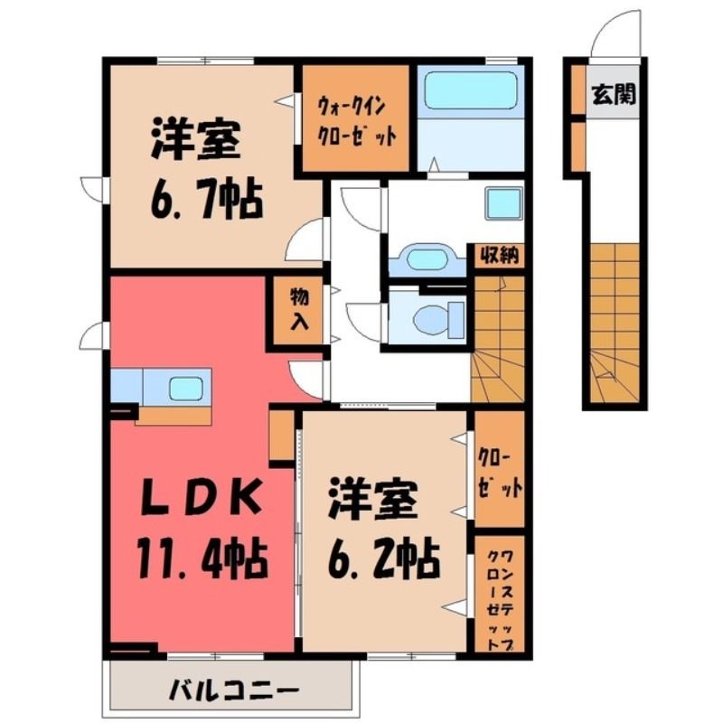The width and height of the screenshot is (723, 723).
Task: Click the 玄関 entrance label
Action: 614,94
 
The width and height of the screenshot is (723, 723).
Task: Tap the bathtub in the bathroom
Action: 470,89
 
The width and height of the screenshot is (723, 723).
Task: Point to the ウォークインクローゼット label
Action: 356,121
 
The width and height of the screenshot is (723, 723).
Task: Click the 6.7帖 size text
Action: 207,200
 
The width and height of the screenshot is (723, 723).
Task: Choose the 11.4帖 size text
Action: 202,559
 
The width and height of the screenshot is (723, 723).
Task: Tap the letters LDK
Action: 202,498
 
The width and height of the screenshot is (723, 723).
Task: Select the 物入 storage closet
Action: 298,310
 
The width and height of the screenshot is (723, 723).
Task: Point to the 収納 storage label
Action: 500,255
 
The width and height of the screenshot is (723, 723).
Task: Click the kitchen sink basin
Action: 186,389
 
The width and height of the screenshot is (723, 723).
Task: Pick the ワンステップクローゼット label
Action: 500,600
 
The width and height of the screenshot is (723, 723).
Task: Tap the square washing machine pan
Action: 504,202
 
